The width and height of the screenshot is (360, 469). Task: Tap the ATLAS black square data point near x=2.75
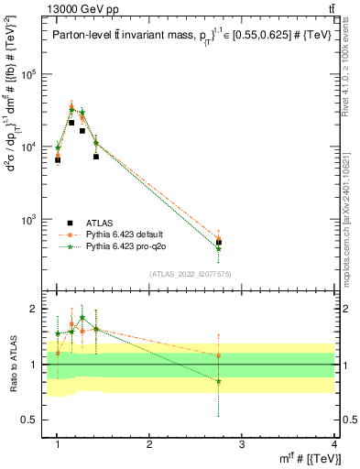click(219, 243)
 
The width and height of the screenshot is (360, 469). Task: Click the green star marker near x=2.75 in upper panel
click(219, 248)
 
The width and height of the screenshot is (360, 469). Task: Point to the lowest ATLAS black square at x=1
click(58, 160)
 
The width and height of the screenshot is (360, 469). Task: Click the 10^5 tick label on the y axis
click(34, 74)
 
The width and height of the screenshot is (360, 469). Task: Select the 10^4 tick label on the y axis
click(34, 147)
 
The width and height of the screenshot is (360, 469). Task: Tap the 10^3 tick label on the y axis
click(34, 220)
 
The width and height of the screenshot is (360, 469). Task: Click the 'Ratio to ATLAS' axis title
click(12, 365)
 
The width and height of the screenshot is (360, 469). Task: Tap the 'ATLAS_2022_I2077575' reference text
click(191, 273)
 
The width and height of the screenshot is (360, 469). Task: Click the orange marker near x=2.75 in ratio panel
click(219, 355)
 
